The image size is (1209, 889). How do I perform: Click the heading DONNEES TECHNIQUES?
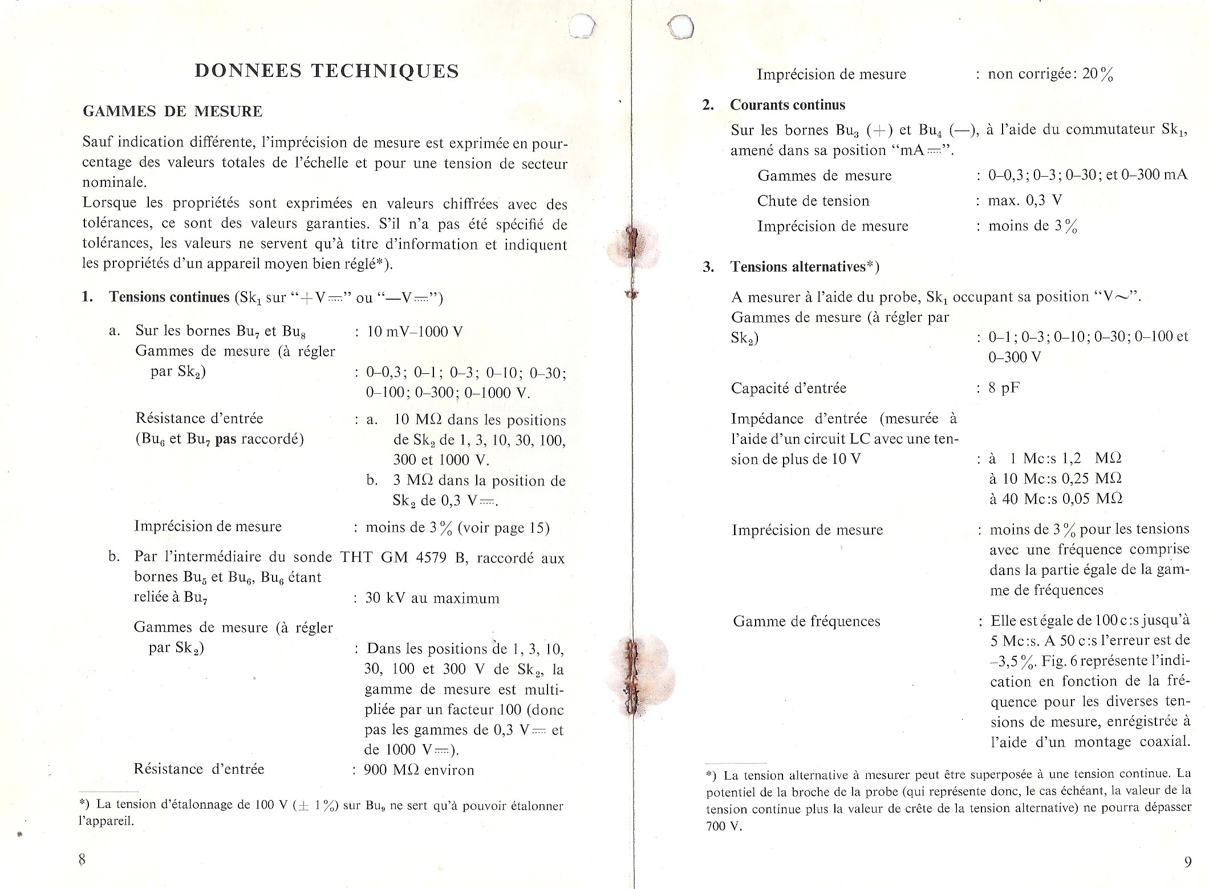pos(327,71)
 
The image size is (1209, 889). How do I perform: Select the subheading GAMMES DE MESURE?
pos(173,111)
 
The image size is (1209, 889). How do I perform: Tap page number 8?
pos(82,859)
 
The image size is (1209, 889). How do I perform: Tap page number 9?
pos(1187,862)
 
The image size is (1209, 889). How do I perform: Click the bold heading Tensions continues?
pos(169,297)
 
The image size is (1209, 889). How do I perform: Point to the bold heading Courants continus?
pos(788,105)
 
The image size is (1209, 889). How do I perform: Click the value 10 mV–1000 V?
pos(415,332)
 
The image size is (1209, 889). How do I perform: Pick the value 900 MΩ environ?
pos(419,770)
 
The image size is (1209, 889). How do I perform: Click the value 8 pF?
pos(1004,389)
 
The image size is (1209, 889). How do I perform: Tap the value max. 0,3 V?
pos(1025,201)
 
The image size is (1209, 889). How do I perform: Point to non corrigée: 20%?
pos(1050,74)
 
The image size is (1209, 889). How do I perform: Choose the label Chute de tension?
pos(813,201)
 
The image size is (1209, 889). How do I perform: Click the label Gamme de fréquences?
pos(806,621)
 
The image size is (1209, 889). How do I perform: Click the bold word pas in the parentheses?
pos(226,439)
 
